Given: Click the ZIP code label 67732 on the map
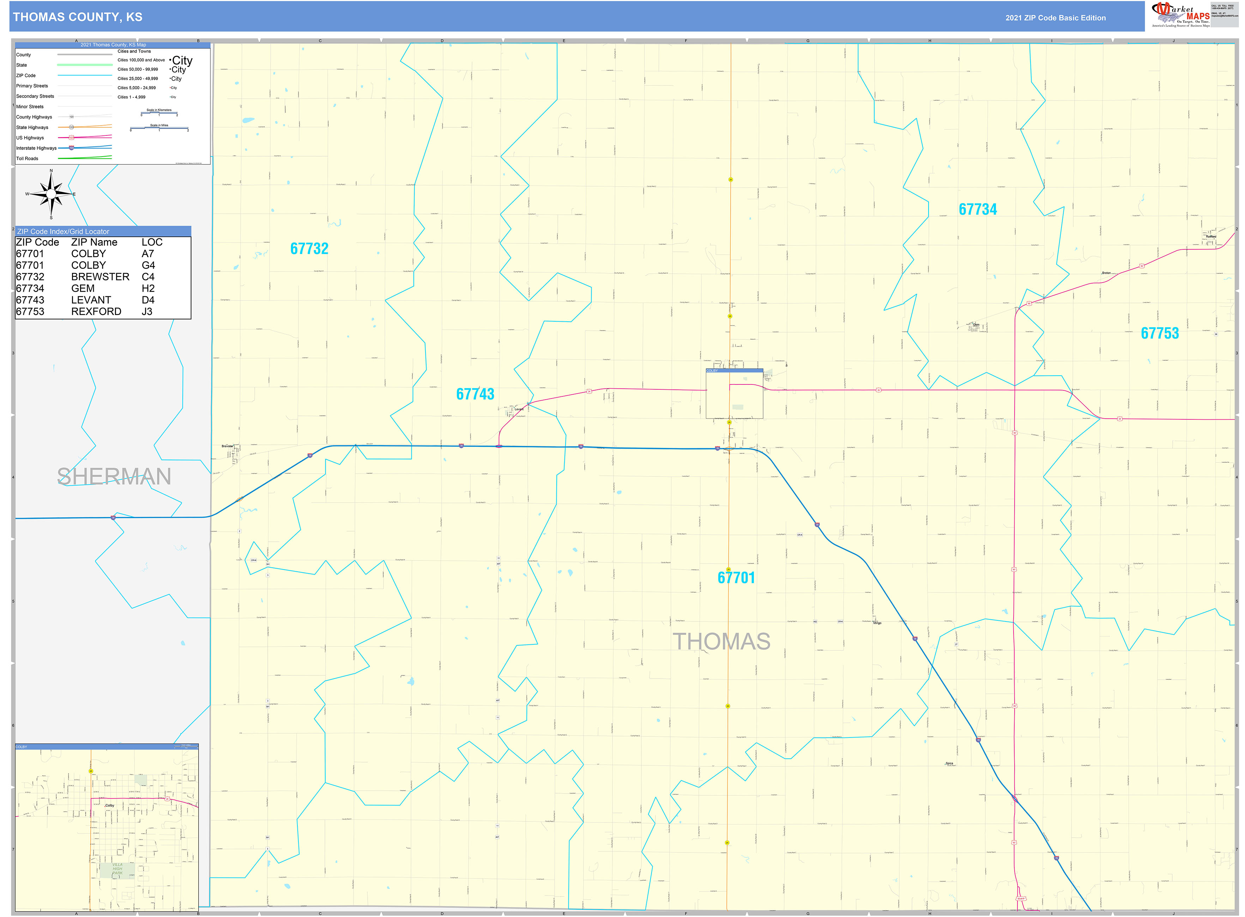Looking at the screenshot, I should click(309, 249).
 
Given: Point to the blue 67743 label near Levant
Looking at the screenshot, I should click(475, 394).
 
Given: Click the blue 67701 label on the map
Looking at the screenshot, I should click(736, 578).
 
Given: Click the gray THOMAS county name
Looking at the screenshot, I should click(721, 642).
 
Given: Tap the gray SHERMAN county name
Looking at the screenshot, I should click(114, 477).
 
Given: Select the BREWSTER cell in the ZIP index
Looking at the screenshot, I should click(100, 277).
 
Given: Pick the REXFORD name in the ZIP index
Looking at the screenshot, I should click(96, 311).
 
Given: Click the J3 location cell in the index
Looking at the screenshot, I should click(147, 311).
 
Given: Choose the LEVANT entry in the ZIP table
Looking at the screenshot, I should click(91, 300).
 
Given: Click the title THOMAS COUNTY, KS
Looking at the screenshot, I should click(78, 17).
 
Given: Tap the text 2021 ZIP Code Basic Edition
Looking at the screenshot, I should click(1055, 18).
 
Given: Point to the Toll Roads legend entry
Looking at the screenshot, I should click(27, 159).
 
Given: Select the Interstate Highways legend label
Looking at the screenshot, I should click(36, 148).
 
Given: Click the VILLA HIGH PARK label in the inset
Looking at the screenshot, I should click(117, 869).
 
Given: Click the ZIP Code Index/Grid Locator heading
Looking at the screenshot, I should click(63, 231).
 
